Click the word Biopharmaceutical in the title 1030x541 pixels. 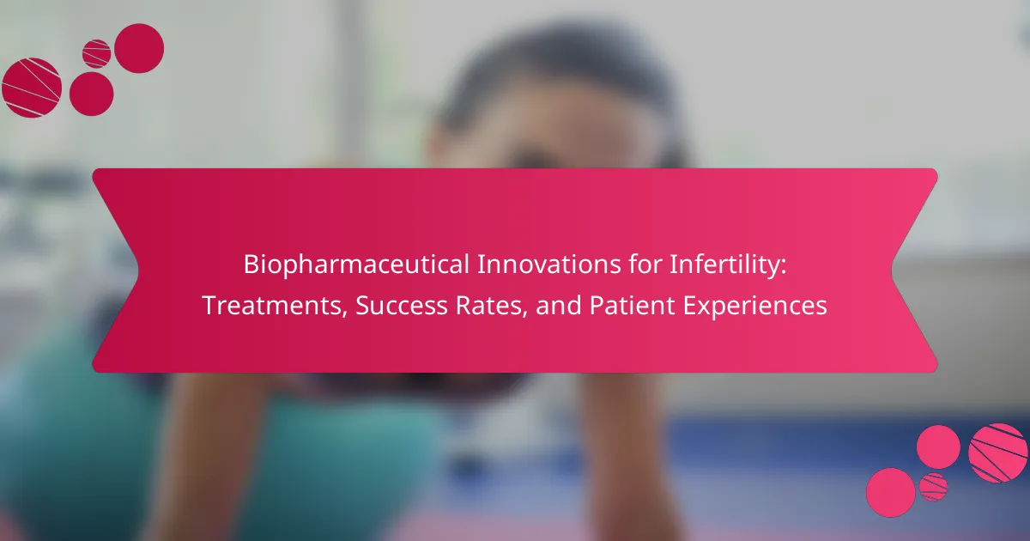356,265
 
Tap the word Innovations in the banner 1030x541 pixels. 549,264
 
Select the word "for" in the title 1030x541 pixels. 645,264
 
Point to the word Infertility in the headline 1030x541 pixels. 728,265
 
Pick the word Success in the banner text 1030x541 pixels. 402,306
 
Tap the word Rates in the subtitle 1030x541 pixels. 491,307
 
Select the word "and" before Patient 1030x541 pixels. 558,306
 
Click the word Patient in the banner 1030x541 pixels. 632,306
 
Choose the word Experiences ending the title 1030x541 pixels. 755,307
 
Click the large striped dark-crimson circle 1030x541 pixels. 32,88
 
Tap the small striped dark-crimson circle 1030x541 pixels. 96,54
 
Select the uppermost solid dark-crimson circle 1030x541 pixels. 139,48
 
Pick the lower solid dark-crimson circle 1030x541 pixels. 92,94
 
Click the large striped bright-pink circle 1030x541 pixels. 997,453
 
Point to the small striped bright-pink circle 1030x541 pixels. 934,487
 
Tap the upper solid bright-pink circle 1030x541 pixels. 938,447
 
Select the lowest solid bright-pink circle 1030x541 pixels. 891,493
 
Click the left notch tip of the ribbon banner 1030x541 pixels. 138,270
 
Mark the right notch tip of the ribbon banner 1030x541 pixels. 892,270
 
